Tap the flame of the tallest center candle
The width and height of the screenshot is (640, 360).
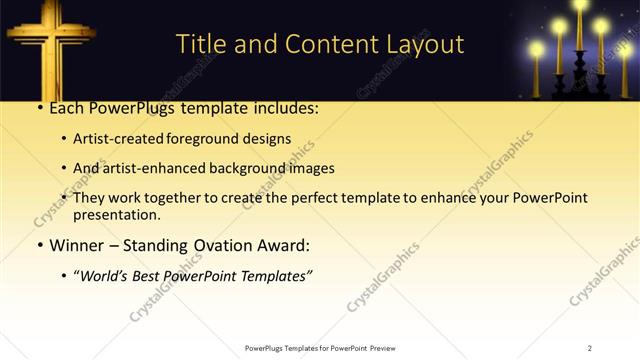click(x=581, y=6)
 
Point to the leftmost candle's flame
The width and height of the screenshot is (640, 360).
click(x=537, y=48)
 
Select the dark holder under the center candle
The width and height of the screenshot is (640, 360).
click(x=580, y=80)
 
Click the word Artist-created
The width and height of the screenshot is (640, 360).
click(x=116, y=138)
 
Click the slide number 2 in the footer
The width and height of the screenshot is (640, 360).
click(x=589, y=348)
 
